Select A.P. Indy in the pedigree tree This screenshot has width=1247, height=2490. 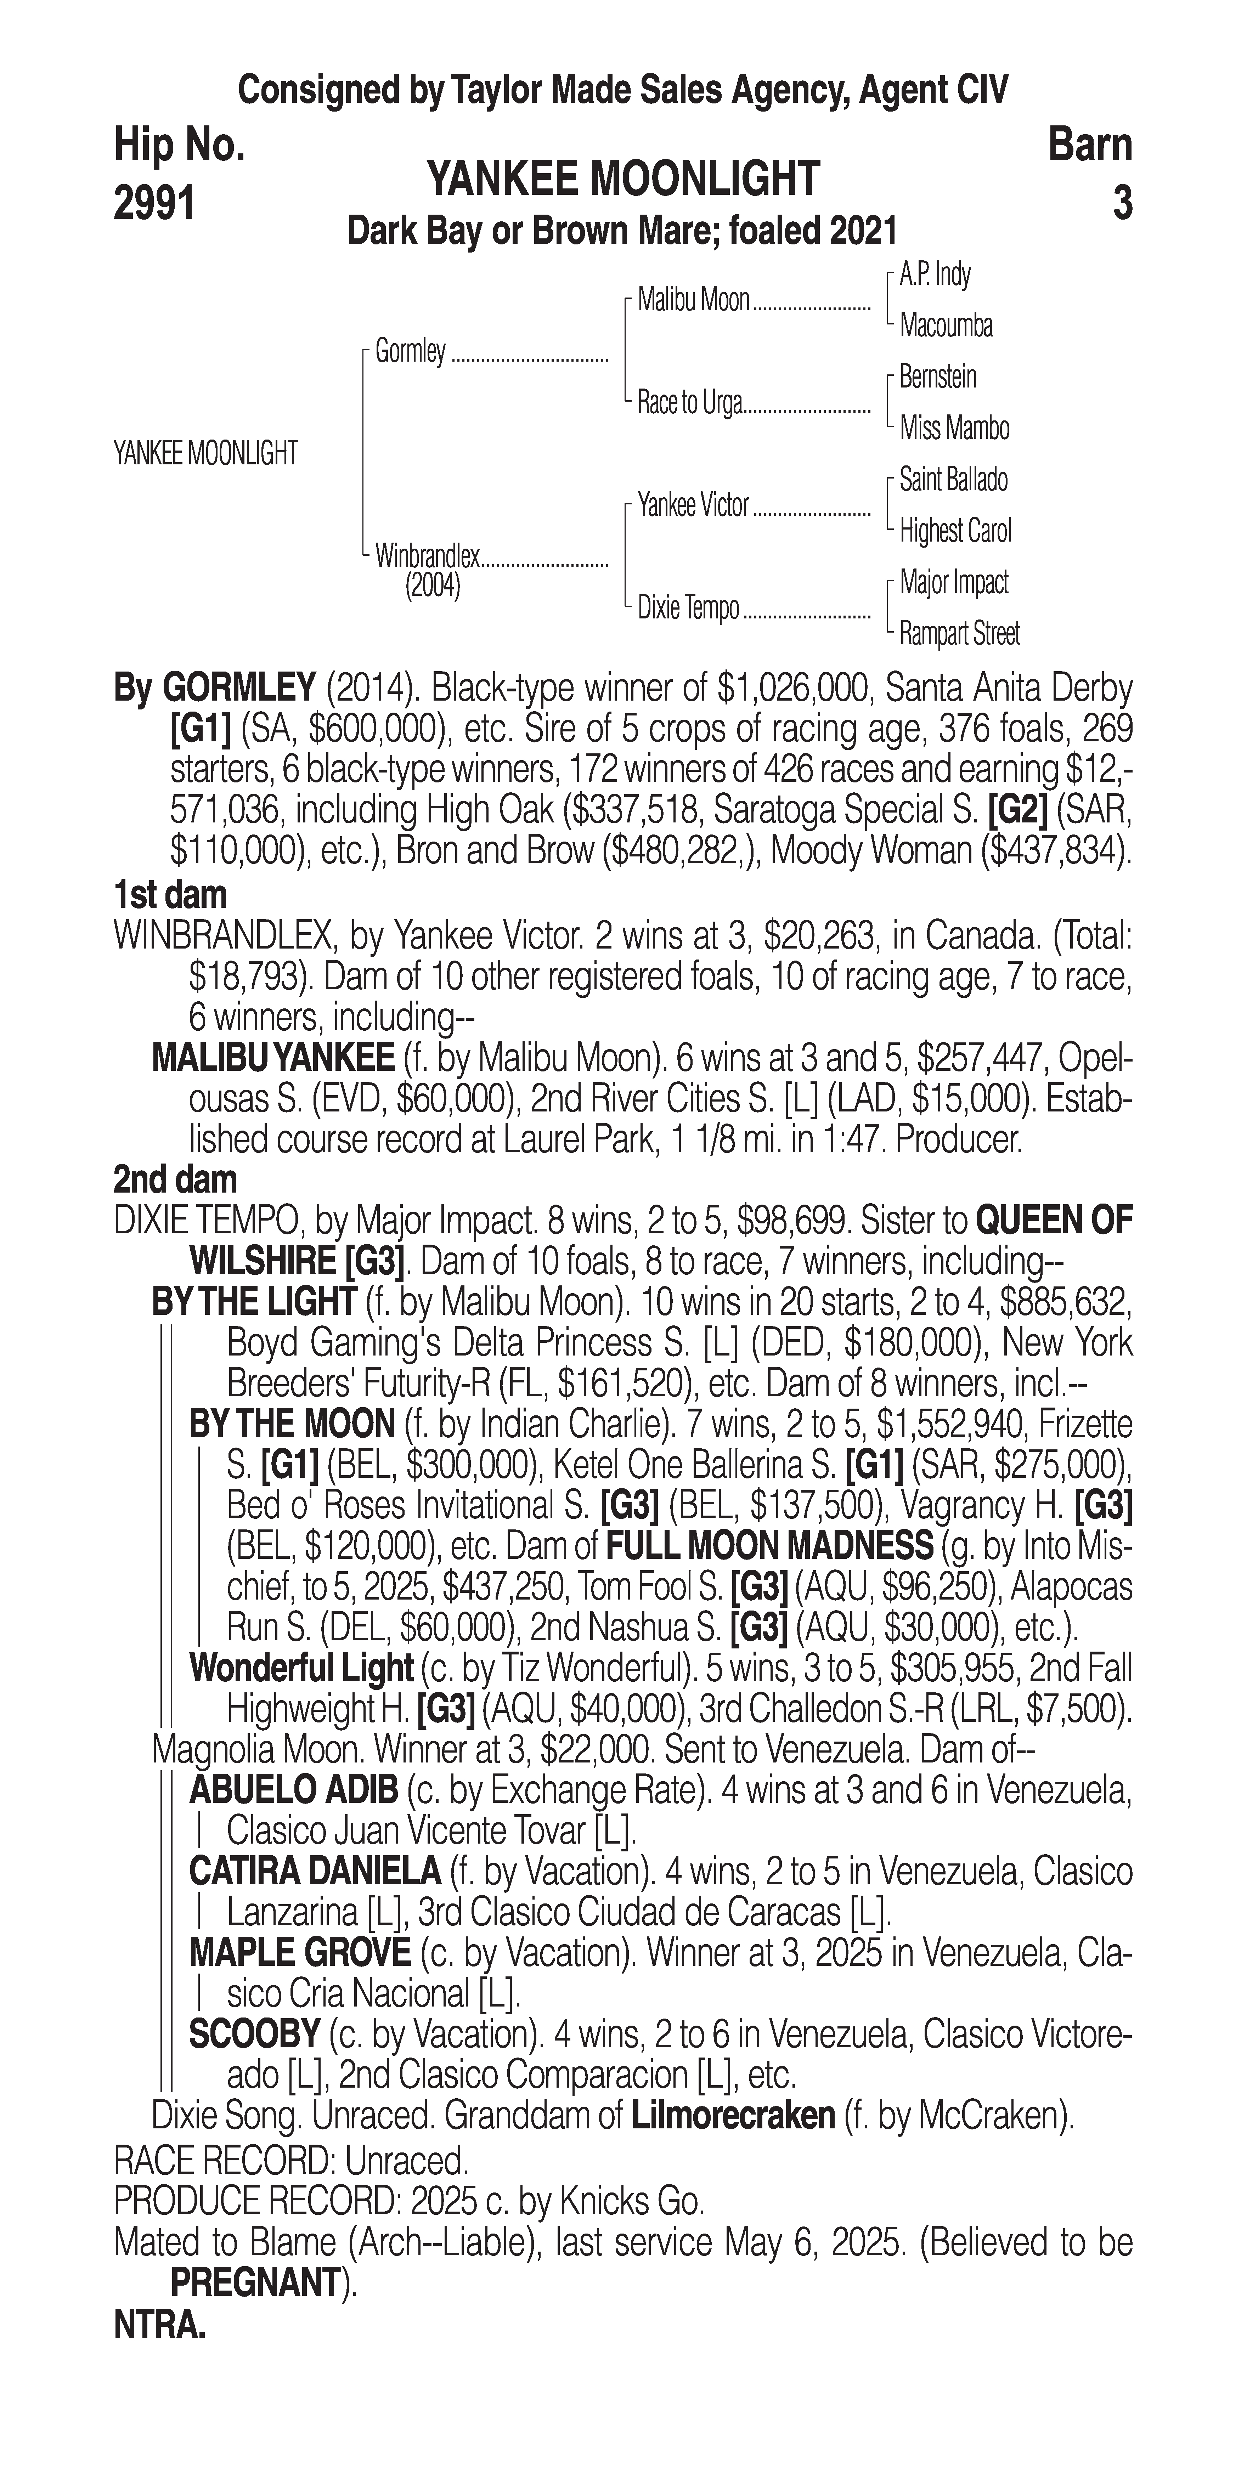point(935,275)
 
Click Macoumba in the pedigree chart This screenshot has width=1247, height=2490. point(946,326)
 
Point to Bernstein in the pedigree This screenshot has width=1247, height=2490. point(938,377)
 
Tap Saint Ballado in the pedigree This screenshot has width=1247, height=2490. point(953,480)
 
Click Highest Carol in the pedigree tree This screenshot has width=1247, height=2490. point(955,531)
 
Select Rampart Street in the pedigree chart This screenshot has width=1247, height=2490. point(959,634)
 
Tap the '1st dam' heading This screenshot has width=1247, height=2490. point(170,895)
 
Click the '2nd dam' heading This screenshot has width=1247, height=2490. point(175,1180)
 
